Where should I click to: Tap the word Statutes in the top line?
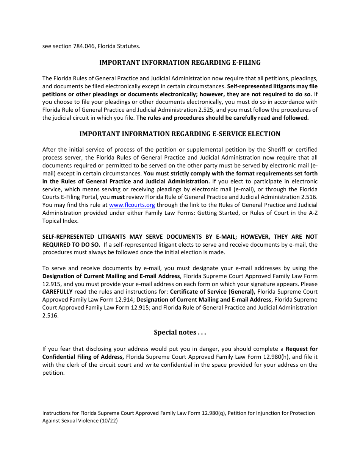coord(128,46)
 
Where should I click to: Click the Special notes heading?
coord(180,333)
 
